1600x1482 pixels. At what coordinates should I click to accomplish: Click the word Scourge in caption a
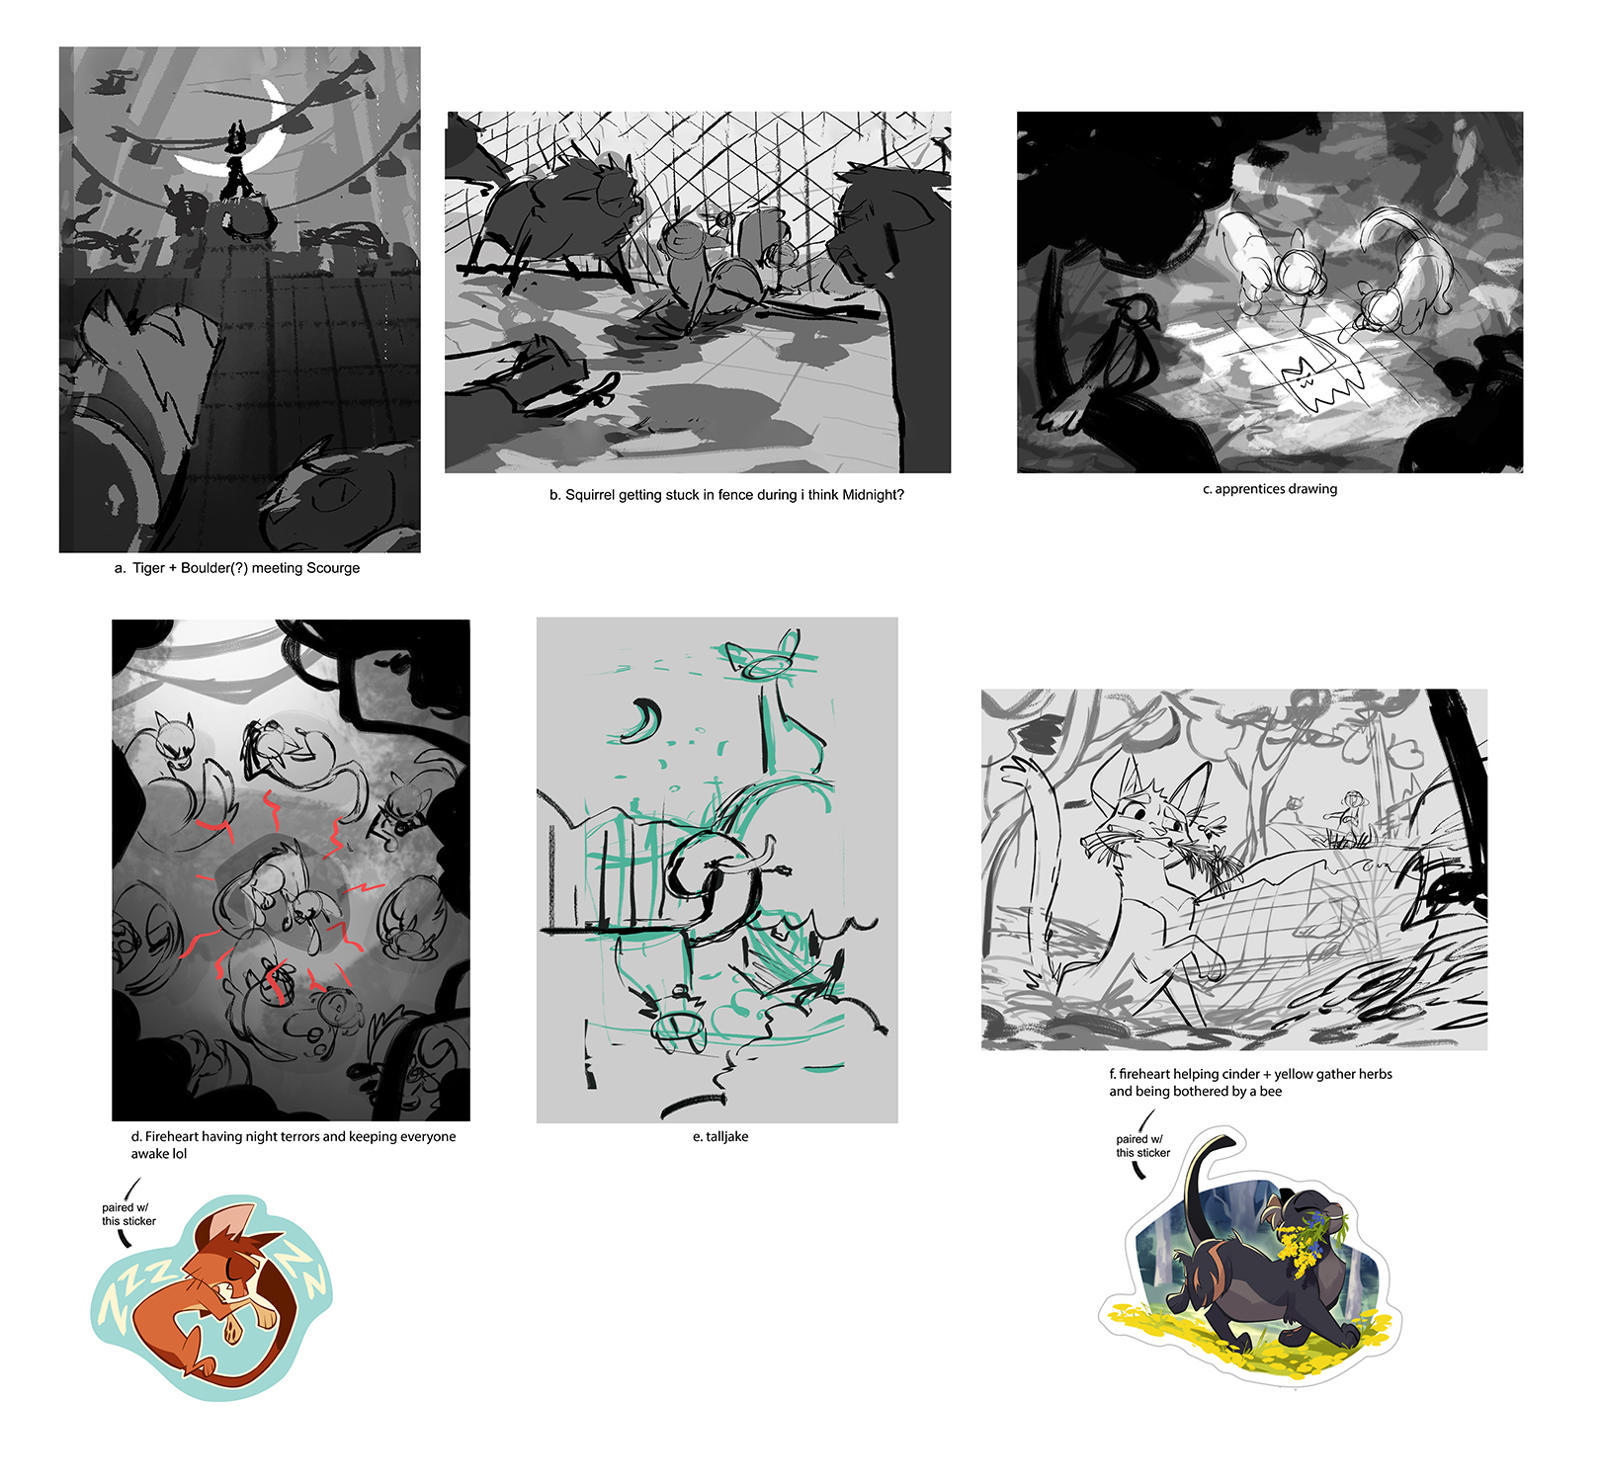tap(333, 568)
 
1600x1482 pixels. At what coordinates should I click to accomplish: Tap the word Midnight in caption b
tap(869, 495)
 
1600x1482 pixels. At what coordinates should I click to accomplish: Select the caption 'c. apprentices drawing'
tap(1270, 489)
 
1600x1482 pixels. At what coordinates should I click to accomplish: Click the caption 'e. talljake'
tap(720, 1137)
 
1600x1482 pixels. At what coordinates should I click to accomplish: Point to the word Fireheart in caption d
tap(172, 1137)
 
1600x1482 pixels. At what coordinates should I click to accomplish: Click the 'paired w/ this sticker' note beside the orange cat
tap(128, 1214)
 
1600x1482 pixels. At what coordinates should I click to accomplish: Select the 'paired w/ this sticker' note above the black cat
tap(1142, 1146)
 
